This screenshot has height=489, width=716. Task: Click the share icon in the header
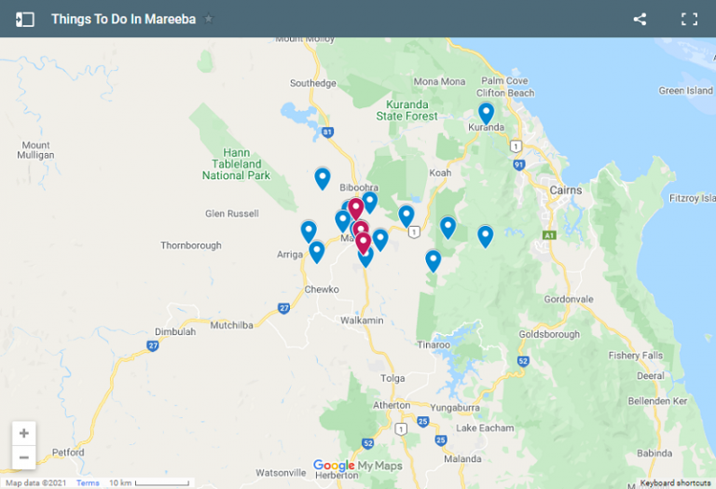point(640,19)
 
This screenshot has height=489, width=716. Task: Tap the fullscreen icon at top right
point(689,19)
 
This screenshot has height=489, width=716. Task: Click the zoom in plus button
point(24,434)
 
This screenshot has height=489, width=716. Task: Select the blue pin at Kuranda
point(486,113)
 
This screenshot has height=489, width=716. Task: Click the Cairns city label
point(565,189)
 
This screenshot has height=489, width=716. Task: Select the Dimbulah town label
point(175,331)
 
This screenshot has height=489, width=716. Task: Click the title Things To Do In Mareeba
point(123,19)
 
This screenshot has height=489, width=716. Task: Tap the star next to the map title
point(209,19)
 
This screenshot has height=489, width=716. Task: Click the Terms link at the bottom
point(88,482)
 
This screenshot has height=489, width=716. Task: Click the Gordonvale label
point(568,299)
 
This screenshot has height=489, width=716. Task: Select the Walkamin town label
point(362,320)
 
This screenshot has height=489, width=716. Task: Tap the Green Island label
point(685,91)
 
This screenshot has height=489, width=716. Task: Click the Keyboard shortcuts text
point(676,482)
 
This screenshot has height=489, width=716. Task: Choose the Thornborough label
point(191,245)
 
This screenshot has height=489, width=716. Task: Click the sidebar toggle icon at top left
point(25,19)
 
